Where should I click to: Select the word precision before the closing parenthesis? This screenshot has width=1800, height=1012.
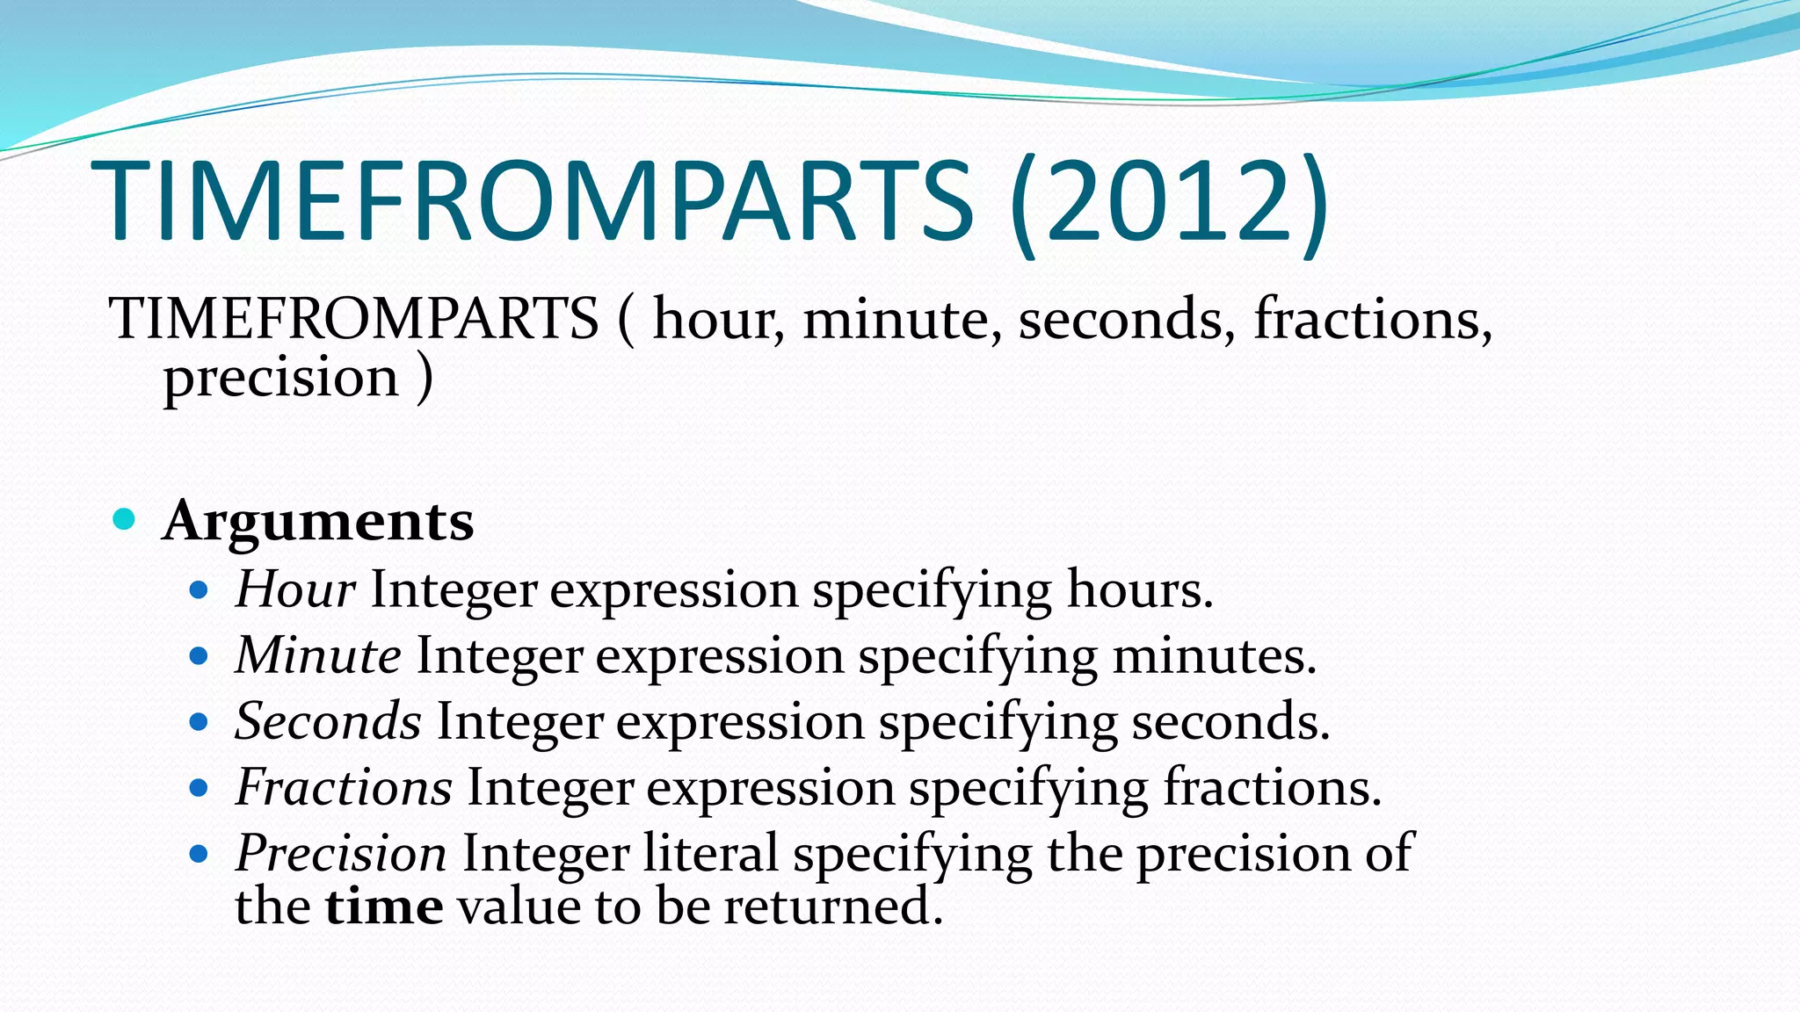point(281,378)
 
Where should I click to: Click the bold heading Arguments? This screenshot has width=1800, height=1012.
point(318,521)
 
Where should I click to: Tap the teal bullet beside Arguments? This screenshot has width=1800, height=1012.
point(125,519)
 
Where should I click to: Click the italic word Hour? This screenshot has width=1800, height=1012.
point(295,589)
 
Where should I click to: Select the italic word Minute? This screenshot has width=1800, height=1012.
point(318,655)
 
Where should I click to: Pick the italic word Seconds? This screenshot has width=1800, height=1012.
point(329,721)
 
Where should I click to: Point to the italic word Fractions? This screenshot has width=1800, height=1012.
point(344,787)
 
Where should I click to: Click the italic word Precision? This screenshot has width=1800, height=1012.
point(341,853)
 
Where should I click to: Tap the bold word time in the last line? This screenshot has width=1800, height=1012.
point(384,907)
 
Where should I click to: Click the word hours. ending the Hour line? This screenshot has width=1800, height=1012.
point(1139,589)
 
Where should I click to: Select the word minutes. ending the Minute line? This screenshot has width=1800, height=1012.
point(1214,655)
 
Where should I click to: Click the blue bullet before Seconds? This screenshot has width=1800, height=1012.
point(199,722)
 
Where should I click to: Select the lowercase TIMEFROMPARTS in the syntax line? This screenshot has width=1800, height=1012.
point(353,318)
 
